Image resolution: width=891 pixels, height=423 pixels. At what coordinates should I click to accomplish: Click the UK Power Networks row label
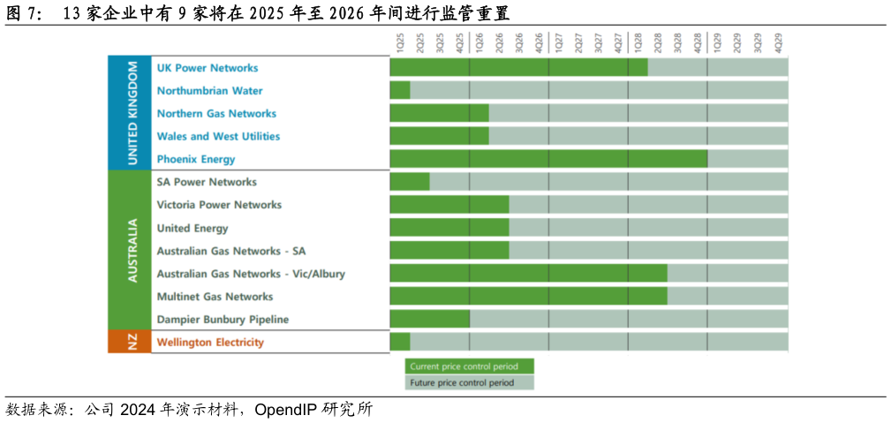click(207, 68)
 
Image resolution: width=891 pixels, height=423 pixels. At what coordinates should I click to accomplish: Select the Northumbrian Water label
click(209, 91)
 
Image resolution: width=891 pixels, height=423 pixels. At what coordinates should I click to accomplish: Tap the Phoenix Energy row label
click(196, 160)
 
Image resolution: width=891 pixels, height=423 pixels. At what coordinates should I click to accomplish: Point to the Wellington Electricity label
click(210, 343)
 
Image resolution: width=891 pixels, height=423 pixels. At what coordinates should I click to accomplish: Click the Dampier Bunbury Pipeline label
click(223, 320)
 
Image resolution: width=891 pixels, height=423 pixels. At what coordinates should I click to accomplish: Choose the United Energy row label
click(192, 228)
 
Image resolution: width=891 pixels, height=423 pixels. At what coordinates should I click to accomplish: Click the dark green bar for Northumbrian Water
click(400, 90)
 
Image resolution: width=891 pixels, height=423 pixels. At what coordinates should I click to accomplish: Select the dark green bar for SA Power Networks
click(410, 182)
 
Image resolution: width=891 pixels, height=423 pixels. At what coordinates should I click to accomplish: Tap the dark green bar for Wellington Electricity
click(400, 342)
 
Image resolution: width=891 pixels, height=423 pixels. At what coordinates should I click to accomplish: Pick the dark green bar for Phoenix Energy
click(548, 159)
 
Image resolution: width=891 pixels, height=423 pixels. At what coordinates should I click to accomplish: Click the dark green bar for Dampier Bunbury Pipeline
click(429, 319)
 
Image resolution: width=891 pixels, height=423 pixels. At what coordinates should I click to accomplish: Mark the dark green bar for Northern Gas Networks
click(439, 113)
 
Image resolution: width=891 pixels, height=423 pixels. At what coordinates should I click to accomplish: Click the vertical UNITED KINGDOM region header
click(130, 113)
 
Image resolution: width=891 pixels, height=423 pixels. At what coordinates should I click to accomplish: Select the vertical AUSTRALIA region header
click(130, 251)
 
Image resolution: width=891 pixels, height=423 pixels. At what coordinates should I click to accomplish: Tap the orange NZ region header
click(130, 342)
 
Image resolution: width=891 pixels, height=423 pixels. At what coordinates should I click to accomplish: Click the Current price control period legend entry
click(470, 366)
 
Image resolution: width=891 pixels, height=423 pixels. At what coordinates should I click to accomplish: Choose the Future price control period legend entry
click(470, 382)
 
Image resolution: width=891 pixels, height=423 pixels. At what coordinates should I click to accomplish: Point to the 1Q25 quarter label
click(400, 41)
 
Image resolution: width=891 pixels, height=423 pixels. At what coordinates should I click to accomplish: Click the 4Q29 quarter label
click(778, 41)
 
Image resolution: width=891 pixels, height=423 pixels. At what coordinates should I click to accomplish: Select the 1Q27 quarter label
click(558, 41)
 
